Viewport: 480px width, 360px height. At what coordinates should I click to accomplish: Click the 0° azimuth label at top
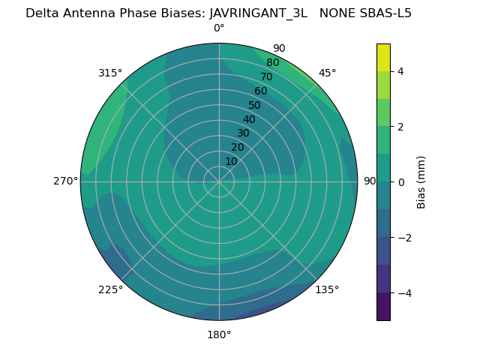point(219,28)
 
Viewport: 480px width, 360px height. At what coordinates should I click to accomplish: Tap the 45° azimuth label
point(328,73)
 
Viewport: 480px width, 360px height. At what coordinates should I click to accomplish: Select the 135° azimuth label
point(327,289)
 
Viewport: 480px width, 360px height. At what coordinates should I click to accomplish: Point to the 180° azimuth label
point(219,334)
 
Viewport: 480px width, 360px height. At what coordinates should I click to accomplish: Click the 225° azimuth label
point(110,289)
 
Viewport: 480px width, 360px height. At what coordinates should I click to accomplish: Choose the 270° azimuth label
point(65,181)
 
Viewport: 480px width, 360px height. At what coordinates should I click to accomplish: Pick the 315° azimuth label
point(110,73)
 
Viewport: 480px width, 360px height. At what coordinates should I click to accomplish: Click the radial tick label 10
point(231,161)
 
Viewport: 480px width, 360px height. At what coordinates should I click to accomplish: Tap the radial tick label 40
point(249,119)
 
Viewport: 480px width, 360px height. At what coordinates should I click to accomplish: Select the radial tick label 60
point(261,91)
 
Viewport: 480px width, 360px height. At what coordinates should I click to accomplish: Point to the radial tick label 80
point(273,63)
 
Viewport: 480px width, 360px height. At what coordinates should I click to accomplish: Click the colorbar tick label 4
point(400,71)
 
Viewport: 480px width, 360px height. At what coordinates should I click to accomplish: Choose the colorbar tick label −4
point(403,293)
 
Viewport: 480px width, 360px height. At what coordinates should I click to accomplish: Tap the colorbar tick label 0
point(400,182)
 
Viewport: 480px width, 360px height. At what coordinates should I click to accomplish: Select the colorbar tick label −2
point(403,238)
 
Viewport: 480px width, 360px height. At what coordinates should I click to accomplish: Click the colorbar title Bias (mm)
point(421,182)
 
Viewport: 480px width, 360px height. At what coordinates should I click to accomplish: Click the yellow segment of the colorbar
point(383,57)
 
